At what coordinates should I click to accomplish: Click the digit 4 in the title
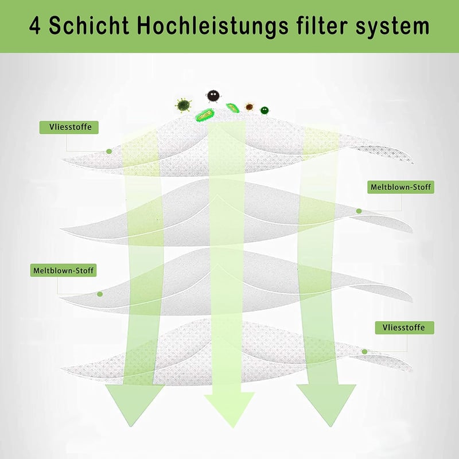click(x=35, y=26)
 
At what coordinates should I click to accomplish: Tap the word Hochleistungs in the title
click(x=213, y=26)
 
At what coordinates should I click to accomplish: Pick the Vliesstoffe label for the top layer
click(x=69, y=127)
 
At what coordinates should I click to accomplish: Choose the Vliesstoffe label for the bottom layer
click(x=404, y=328)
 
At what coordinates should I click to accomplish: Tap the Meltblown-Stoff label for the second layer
click(x=400, y=187)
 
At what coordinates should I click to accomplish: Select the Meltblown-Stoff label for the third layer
click(x=63, y=270)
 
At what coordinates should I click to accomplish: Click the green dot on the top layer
click(x=109, y=151)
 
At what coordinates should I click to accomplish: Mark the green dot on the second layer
click(x=359, y=211)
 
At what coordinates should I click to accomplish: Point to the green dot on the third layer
click(x=100, y=294)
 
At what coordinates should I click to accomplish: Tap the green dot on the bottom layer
click(x=364, y=352)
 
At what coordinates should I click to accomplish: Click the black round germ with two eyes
click(x=213, y=96)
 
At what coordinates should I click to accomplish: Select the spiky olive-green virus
click(x=184, y=106)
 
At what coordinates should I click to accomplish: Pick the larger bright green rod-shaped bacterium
click(x=205, y=115)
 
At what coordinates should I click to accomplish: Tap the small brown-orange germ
click(x=249, y=107)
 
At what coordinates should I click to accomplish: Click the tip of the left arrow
click(x=131, y=426)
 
